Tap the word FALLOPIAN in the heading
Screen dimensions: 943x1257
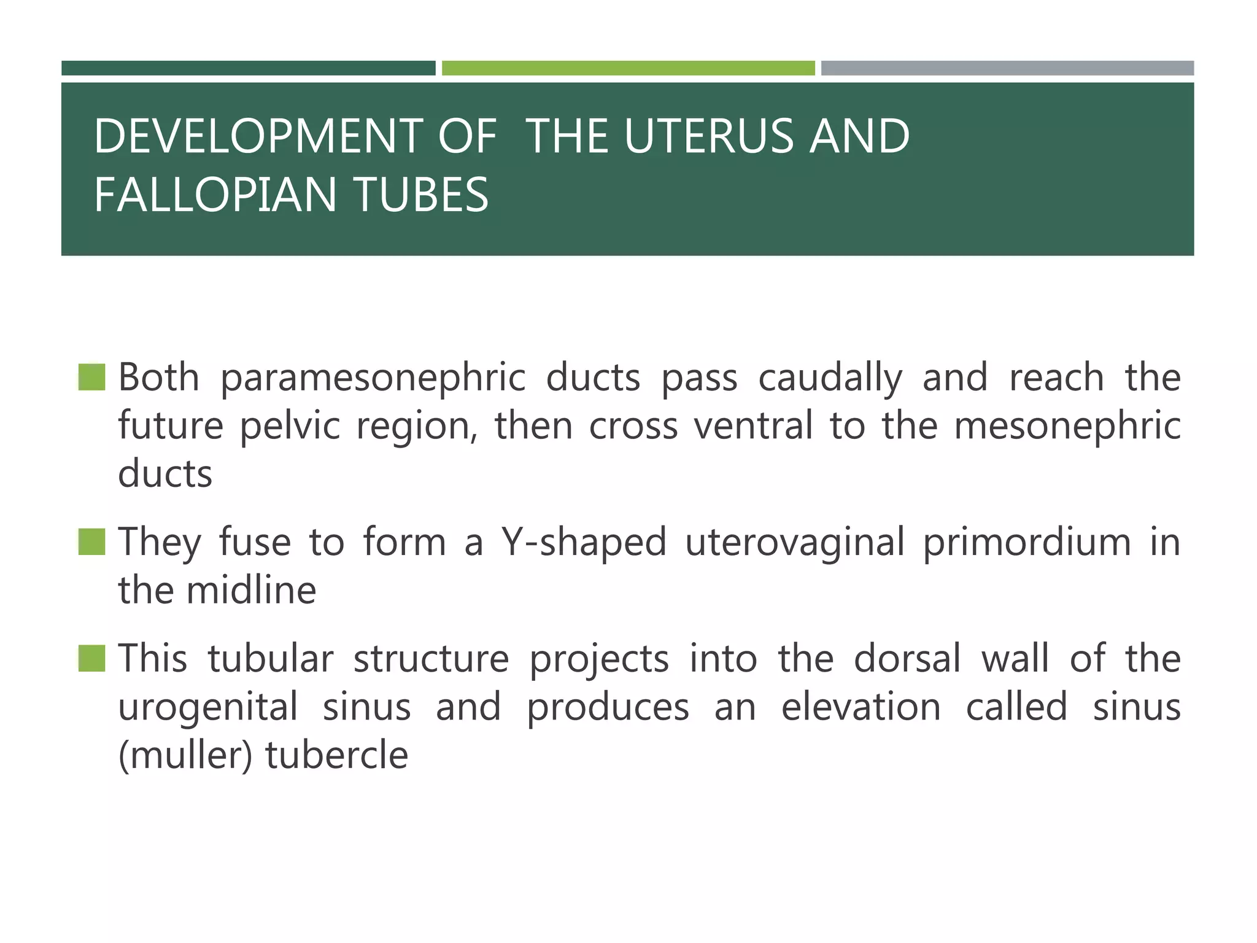point(215,195)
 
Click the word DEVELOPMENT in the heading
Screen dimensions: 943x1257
point(260,136)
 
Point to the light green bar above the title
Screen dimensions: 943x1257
point(628,68)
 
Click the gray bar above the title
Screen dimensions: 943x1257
point(1007,68)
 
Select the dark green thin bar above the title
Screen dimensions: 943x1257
point(248,68)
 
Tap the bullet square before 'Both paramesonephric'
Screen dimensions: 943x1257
point(92,377)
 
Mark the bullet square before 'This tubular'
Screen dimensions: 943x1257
point(92,658)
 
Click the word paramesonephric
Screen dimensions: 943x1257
point(373,378)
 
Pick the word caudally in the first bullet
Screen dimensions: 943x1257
point(830,378)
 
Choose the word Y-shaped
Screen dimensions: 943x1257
point(584,543)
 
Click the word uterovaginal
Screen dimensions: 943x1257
point(794,543)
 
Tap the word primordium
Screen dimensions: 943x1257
point(1026,543)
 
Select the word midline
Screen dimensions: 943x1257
point(251,591)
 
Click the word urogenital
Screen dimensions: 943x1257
point(207,707)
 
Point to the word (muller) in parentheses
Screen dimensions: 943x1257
point(185,756)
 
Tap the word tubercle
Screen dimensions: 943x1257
point(336,756)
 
